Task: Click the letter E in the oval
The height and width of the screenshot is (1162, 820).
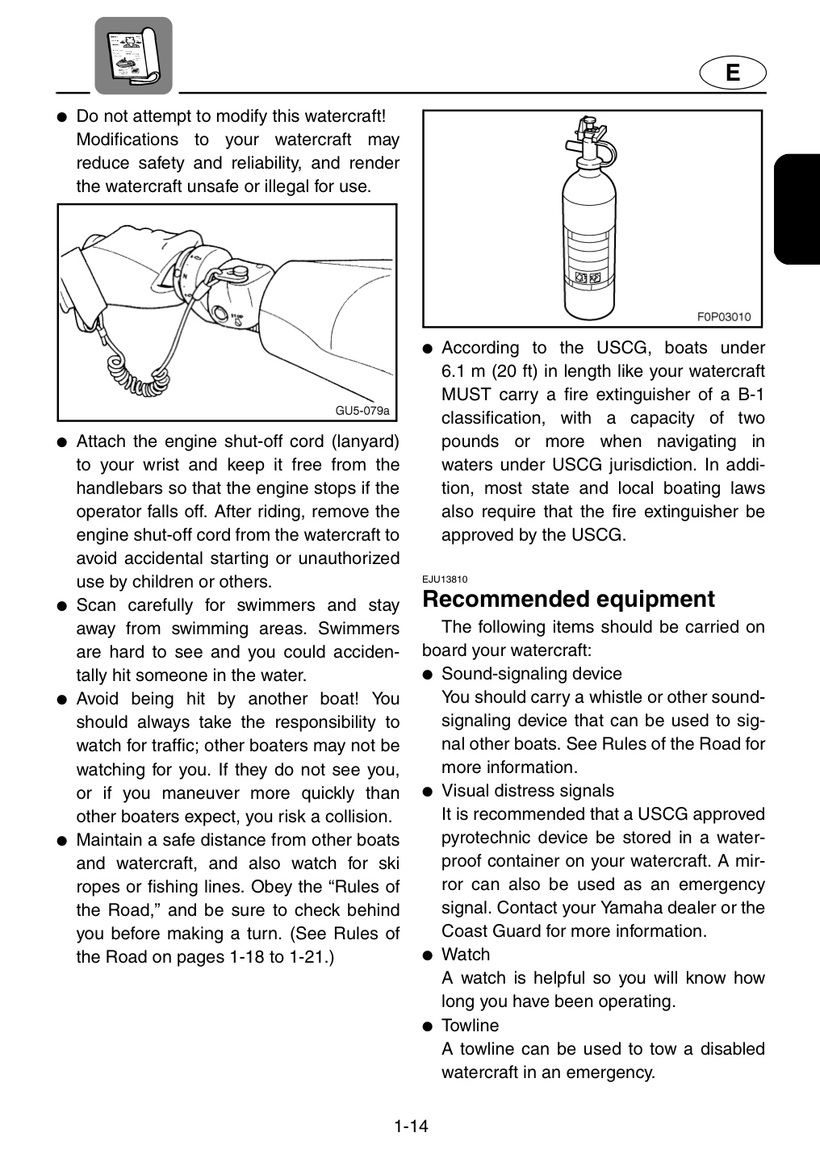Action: pyautogui.click(x=732, y=73)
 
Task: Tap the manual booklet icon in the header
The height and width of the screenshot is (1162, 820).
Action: pyautogui.click(x=133, y=56)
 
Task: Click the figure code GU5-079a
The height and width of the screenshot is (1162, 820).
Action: pyautogui.click(x=362, y=411)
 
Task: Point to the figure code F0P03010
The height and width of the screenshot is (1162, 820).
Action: pyautogui.click(x=723, y=317)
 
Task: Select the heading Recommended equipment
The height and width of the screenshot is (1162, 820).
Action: pyautogui.click(x=568, y=599)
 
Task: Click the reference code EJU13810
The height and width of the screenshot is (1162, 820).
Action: pyautogui.click(x=445, y=579)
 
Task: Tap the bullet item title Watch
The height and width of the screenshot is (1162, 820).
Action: pyautogui.click(x=466, y=955)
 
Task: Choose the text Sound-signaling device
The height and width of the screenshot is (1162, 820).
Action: pyautogui.click(x=531, y=674)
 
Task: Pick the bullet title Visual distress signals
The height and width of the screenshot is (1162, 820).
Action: pyautogui.click(x=527, y=791)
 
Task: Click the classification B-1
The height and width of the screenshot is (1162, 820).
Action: pyautogui.click(x=751, y=395)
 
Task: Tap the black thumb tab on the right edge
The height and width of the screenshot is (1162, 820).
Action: pyautogui.click(x=797, y=209)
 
